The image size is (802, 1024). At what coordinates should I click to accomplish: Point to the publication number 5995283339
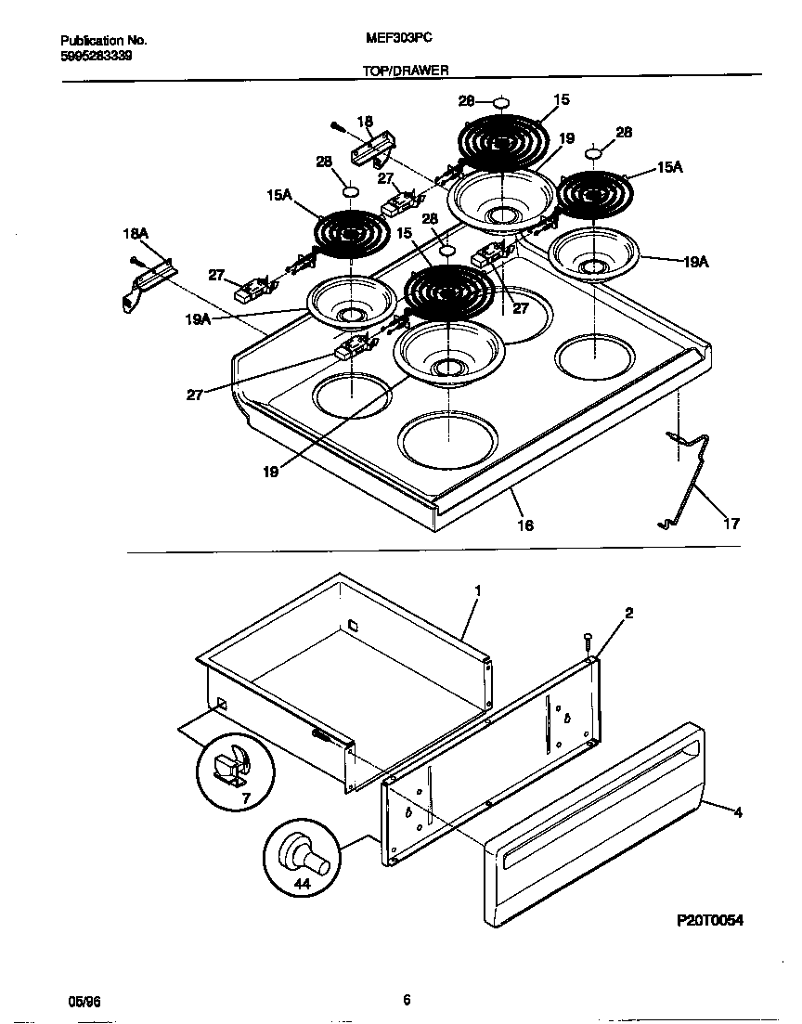coord(96,55)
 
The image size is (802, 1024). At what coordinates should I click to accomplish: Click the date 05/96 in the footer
coord(83,1001)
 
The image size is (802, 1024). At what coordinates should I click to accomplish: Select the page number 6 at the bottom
coord(407,1000)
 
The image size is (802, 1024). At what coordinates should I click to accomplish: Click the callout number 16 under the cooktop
coord(524,525)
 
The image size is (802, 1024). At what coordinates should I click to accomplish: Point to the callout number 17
coord(731,524)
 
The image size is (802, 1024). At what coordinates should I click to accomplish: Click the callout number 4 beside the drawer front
coord(738,813)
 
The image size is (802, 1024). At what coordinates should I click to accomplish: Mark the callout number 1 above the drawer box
coord(477,590)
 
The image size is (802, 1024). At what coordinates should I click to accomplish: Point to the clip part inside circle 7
coord(229,766)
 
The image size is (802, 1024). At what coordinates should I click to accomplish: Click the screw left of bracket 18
coord(338,126)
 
